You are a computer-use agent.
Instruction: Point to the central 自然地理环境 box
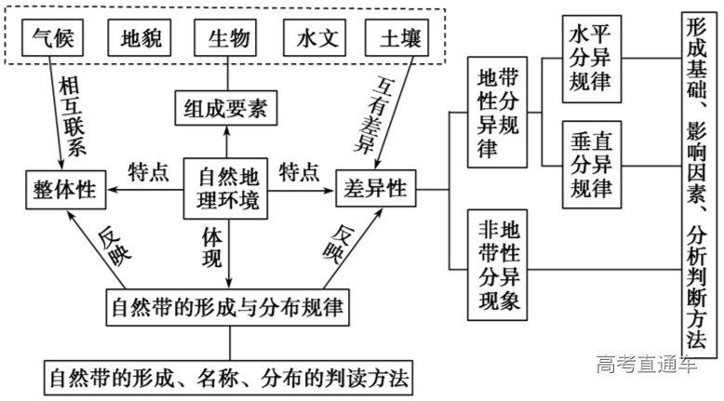coord(228,187)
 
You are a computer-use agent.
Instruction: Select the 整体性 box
coord(61,191)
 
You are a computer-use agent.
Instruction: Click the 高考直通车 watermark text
coord(647,364)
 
